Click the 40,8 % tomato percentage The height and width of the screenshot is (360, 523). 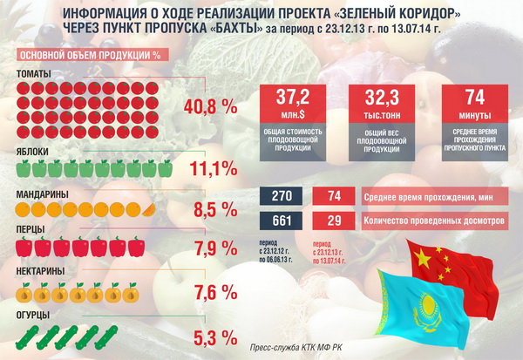click(x=211, y=107)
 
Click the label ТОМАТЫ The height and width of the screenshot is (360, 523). click(x=33, y=73)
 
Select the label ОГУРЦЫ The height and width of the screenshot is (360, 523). click(x=34, y=314)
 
